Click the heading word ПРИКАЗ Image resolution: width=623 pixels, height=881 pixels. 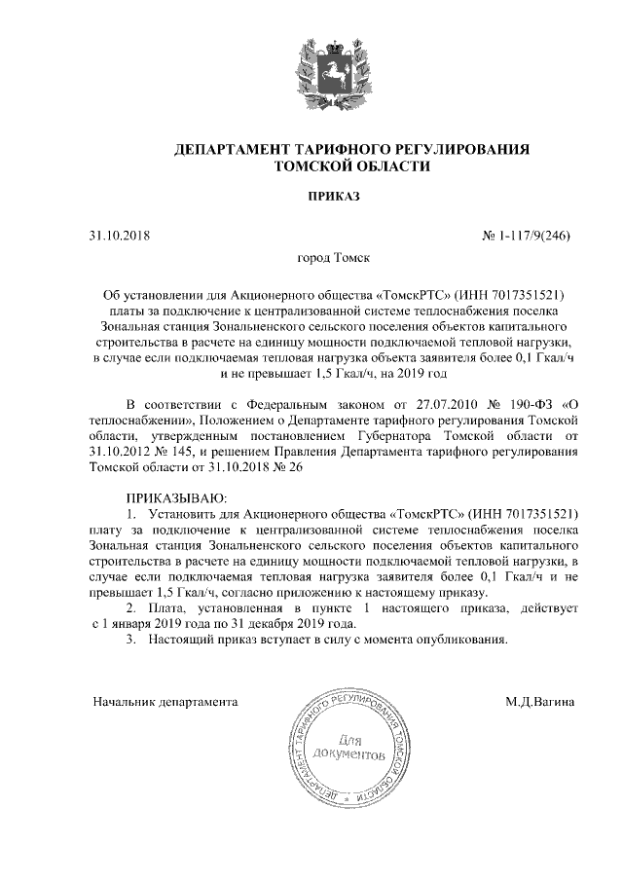(334, 197)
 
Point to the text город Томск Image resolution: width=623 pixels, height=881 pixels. (334, 260)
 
